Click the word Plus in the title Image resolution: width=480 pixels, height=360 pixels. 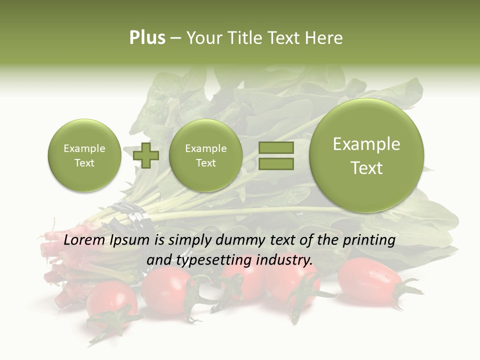147,38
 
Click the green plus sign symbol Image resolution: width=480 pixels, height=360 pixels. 146,155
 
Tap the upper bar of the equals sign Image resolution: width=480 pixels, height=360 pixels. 276,147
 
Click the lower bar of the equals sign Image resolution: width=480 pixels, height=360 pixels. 276,163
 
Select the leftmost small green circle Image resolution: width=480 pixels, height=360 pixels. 84,155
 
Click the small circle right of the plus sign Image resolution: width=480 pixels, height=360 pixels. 205,155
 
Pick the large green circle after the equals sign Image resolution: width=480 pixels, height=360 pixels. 366,155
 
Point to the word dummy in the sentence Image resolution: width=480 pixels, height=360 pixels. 241,240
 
